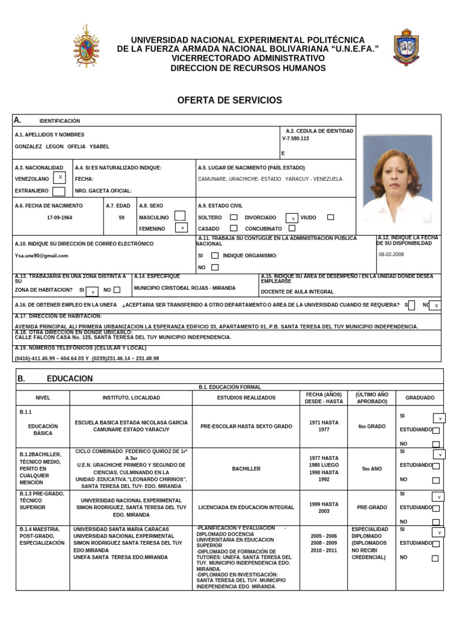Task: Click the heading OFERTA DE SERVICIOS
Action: click(x=229, y=100)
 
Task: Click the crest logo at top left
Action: click(x=87, y=46)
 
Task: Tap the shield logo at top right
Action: click(x=405, y=47)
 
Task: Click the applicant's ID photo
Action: click(x=398, y=179)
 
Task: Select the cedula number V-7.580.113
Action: click(x=295, y=139)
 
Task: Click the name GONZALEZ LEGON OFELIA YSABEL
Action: click(x=62, y=146)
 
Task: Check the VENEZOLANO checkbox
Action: click(x=60, y=177)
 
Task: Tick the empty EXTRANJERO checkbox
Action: click(x=59, y=192)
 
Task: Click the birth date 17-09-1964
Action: click(x=60, y=218)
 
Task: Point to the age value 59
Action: click(x=122, y=218)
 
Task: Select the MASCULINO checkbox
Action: click(x=179, y=216)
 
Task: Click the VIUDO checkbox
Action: click(x=330, y=217)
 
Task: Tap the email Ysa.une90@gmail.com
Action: click(x=42, y=255)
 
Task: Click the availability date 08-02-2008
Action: click(x=392, y=254)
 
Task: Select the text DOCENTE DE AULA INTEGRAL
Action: click(x=297, y=292)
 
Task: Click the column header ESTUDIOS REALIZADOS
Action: click(x=246, y=398)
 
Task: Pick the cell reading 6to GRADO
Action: click(x=372, y=426)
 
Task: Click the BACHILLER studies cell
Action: click(x=246, y=468)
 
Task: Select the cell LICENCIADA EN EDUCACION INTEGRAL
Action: click(x=246, y=507)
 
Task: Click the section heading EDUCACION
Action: click(x=70, y=378)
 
